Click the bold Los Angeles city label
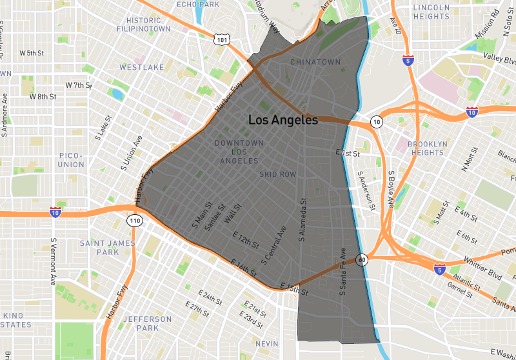tap(283, 120)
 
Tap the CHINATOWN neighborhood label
tap(315, 62)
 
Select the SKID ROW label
tap(278, 174)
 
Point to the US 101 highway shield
tap(221, 40)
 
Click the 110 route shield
tap(134, 221)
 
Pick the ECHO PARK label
tap(193, 5)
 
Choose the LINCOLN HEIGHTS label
tap(431, 12)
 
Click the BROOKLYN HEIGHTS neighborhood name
tap(426, 148)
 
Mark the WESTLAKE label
tap(141, 67)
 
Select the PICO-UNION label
tap(71, 160)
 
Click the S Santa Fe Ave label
tap(343, 272)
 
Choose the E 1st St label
tap(347, 154)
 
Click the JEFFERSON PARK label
tap(147, 323)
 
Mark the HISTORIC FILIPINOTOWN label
tap(144, 25)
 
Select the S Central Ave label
tap(273, 245)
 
